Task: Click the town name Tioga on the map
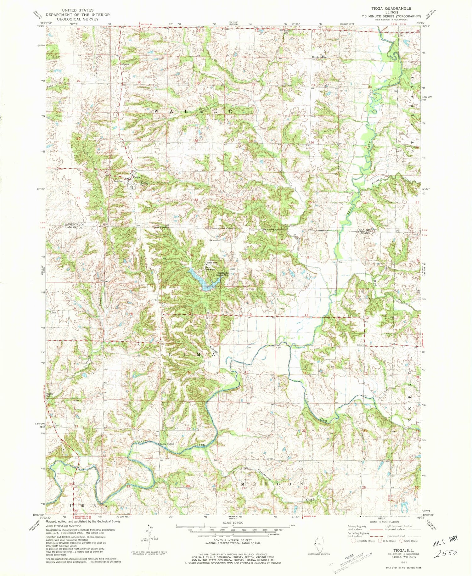tap(136, 177)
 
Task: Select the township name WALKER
tap(193, 111)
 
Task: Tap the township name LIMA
tap(193, 355)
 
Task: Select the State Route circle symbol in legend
tap(402, 541)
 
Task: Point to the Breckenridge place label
tap(319, 57)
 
